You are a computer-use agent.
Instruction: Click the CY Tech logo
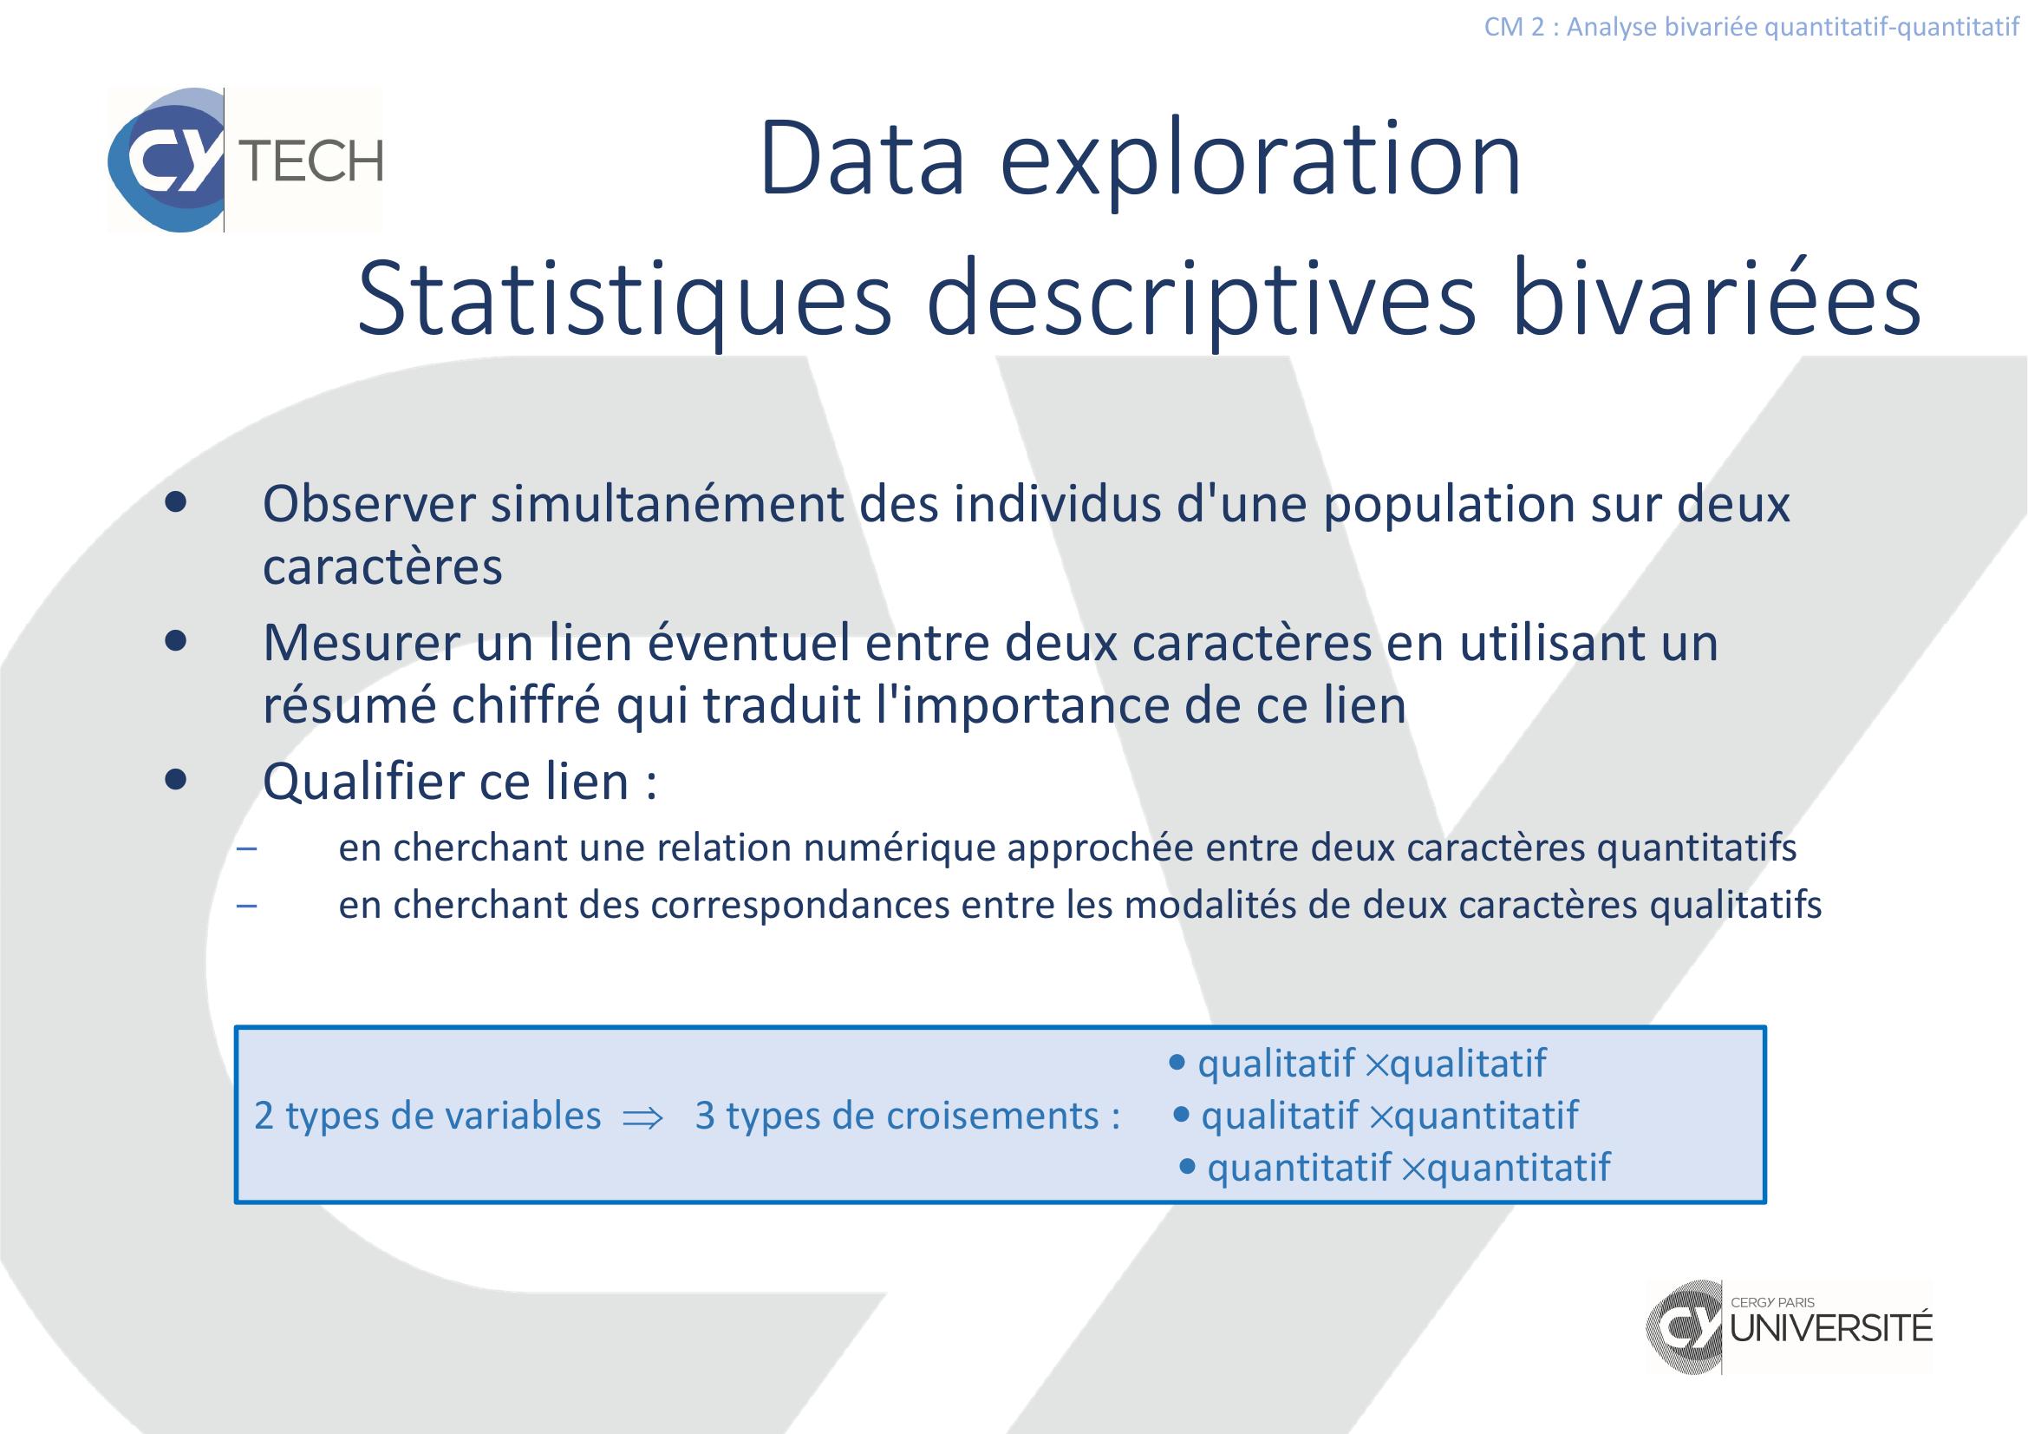245,160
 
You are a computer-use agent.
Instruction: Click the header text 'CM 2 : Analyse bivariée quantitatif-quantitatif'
1751,28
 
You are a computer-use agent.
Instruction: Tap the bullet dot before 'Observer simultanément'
177,503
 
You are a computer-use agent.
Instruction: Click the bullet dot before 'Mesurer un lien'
177,642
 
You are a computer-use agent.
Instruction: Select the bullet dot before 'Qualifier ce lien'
177,780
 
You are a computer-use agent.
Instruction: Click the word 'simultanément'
668,505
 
